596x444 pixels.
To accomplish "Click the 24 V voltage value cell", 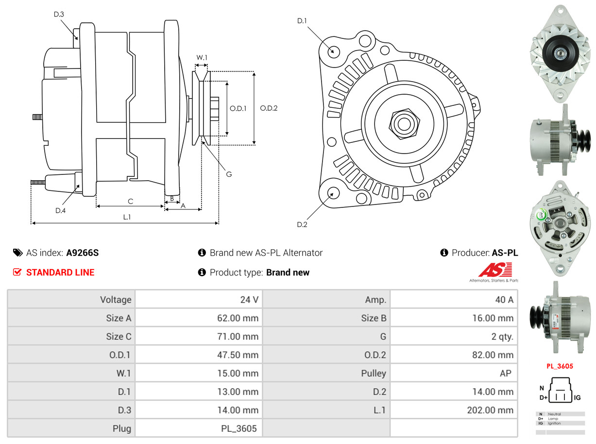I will pos(249,299).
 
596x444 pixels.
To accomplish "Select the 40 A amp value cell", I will pos(504,299).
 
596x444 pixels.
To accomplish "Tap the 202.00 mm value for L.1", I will pos(490,410).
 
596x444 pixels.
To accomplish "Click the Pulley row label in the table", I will pos(374,373).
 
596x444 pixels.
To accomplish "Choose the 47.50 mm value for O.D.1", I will pos(238,355).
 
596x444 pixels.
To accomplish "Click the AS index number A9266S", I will pos(83,253).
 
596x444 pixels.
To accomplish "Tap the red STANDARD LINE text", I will pos(60,273).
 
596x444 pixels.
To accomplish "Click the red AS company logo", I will pos(495,270).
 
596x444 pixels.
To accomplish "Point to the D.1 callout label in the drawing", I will pos(302,20).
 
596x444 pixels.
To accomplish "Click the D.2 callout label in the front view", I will pos(302,224).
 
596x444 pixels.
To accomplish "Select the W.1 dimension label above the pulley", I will pos(202,57).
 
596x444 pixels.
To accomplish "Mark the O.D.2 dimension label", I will pos(269,108).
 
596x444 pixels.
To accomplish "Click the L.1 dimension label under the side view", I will pos(126,217).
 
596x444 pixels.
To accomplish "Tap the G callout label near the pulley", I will pos(229,173).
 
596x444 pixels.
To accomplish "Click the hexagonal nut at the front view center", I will pos(403,123).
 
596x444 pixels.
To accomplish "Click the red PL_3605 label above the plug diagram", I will pos(560,366).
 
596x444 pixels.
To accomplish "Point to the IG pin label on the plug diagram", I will pos(577,398).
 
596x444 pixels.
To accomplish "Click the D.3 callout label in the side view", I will pos(59,14).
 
